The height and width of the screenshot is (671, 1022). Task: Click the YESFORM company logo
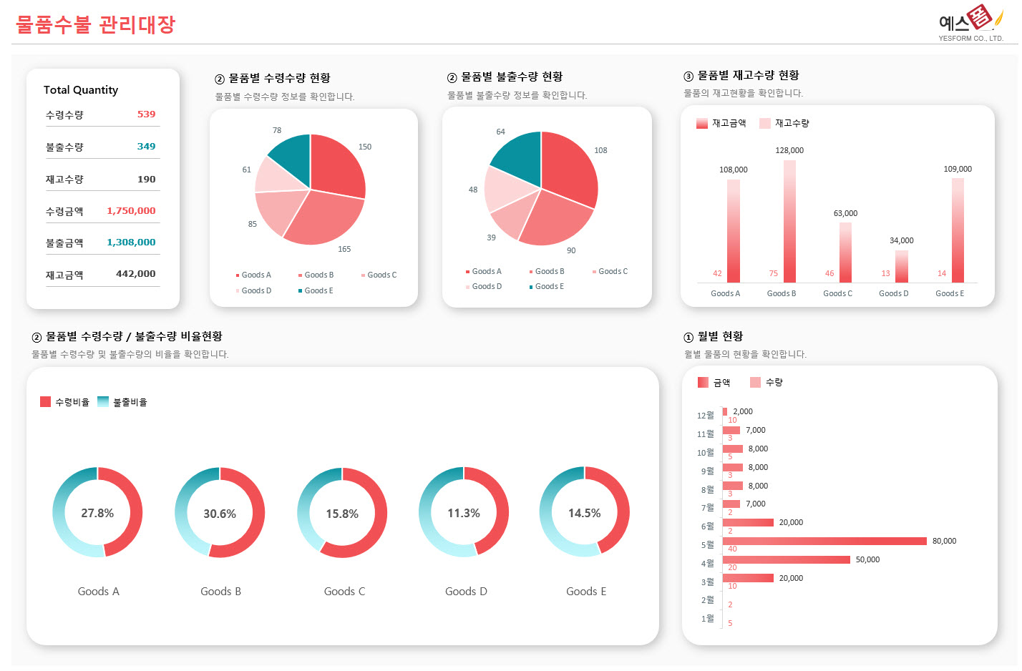point(970,24)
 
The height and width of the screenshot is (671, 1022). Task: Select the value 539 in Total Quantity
point(146,114)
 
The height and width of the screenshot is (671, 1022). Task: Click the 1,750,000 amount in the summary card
point(131,211)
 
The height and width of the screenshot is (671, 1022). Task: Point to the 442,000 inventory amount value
point(135,274)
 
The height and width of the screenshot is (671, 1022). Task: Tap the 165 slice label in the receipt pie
point(344,249)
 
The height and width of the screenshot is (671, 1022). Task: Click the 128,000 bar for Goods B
point(789,221)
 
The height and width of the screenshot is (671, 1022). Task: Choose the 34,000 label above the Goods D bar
point(901,241)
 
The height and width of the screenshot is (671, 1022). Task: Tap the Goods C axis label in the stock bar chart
point(837,293)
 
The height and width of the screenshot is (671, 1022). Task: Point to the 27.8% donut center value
point(97,514)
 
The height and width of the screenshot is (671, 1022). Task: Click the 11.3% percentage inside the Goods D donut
point(464,514)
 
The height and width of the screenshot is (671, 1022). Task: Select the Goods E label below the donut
point(585,592)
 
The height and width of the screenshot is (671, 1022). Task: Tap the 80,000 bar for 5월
point(824,542)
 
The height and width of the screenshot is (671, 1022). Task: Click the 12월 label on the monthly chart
point(705,416)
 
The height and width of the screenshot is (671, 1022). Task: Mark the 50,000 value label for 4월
point(867,560)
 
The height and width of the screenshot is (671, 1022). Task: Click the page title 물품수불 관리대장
point(95,25)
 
